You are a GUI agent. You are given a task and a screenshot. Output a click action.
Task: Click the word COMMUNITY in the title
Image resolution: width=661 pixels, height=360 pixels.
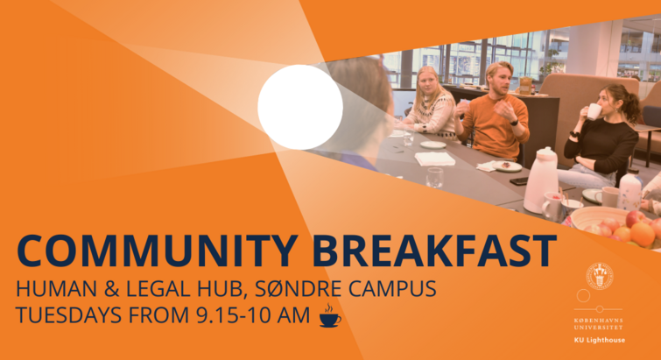157,251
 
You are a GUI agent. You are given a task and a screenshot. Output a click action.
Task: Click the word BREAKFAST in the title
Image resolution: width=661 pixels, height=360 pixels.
434,251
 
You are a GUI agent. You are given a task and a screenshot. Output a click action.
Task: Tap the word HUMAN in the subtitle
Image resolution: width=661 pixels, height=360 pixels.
57,289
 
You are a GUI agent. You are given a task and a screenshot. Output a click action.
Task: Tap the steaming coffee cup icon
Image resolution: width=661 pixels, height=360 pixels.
330,315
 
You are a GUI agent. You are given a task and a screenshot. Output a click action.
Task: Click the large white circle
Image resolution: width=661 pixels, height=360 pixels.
300,107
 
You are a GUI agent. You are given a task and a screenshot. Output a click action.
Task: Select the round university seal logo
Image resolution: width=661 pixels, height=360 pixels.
600,277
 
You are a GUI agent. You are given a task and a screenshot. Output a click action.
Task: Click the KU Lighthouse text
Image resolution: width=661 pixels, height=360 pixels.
600,340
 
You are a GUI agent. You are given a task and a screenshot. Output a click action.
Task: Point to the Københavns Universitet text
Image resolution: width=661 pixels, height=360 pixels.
598,324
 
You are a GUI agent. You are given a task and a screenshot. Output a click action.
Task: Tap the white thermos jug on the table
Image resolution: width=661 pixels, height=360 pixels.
540,180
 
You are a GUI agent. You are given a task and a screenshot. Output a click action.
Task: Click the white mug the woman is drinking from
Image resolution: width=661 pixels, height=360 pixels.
594,111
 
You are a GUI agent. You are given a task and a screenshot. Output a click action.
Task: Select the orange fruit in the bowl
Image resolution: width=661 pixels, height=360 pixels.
643,234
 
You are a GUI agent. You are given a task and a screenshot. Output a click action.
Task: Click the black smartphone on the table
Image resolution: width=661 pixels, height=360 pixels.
519,180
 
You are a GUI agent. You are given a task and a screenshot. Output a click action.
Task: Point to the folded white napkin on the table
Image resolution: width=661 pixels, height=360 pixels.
435,159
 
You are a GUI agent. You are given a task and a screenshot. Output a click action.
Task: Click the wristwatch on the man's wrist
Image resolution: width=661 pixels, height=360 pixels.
514,123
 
